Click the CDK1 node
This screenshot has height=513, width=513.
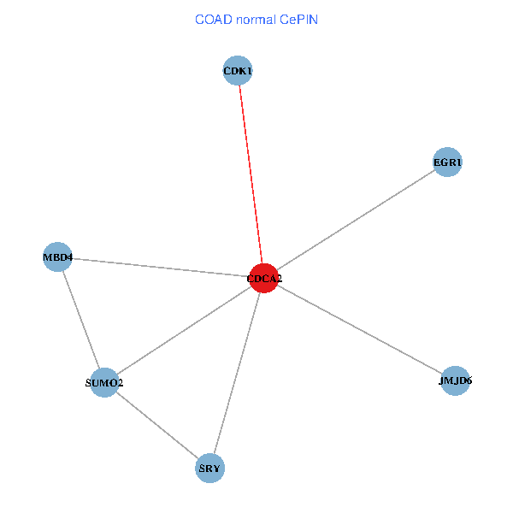click(237, 71)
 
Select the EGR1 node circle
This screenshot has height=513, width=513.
click(447, 162)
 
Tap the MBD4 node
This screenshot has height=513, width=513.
click(57, 256)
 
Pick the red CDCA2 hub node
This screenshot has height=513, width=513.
click(264, 278)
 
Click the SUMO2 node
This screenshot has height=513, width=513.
click(104, 382)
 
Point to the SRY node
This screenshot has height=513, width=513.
click(209, 468)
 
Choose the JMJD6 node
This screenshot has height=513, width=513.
click(455, 381)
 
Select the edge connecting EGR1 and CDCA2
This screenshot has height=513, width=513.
click(356, 221)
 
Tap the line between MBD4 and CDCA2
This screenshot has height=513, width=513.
click(161, 267)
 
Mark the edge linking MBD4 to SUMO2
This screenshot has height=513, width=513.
click(80, 319)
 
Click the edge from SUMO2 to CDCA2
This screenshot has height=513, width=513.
click(184, 330)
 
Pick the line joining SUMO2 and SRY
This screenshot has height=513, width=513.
click(156, 425)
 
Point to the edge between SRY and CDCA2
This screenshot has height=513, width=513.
click(237, 373)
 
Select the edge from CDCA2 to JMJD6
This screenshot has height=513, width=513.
click(359, 329)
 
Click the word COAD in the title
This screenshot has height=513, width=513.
click(215, 19)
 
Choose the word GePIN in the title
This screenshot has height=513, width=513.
click(299, 19)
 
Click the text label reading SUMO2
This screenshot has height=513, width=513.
click(104, 383)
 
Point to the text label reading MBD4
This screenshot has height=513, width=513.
click(57, 256)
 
